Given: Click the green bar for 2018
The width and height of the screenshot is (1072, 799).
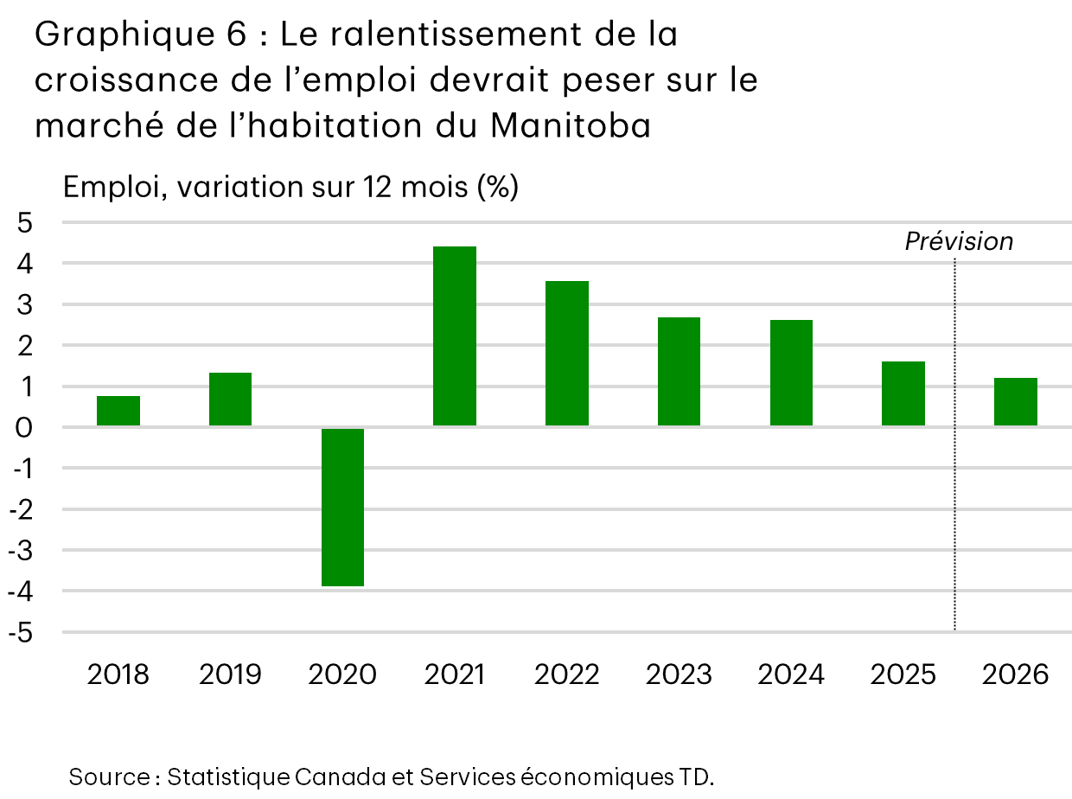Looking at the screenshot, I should [x=118, y=411].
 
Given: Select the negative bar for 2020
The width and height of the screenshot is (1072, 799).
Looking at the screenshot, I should [x=342, y=507].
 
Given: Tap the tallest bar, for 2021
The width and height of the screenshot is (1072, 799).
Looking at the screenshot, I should [x=455, y=336].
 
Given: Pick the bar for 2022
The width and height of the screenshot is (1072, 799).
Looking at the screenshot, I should [x=567, y=354].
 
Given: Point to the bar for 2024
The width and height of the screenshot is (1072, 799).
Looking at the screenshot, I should [x=791, y=373].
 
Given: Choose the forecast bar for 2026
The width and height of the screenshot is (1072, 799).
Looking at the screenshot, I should [x=1015, y=402].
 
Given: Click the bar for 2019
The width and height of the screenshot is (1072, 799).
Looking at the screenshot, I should [x=230, y=399].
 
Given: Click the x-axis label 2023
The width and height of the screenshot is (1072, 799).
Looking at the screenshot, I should [x=679, y=674].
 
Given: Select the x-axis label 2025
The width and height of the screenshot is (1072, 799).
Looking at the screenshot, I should [x=903, y=674].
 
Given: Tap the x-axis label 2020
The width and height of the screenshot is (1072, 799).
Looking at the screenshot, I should [x=342, y=674].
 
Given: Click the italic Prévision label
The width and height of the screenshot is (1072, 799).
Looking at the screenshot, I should [x=959, y=241].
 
